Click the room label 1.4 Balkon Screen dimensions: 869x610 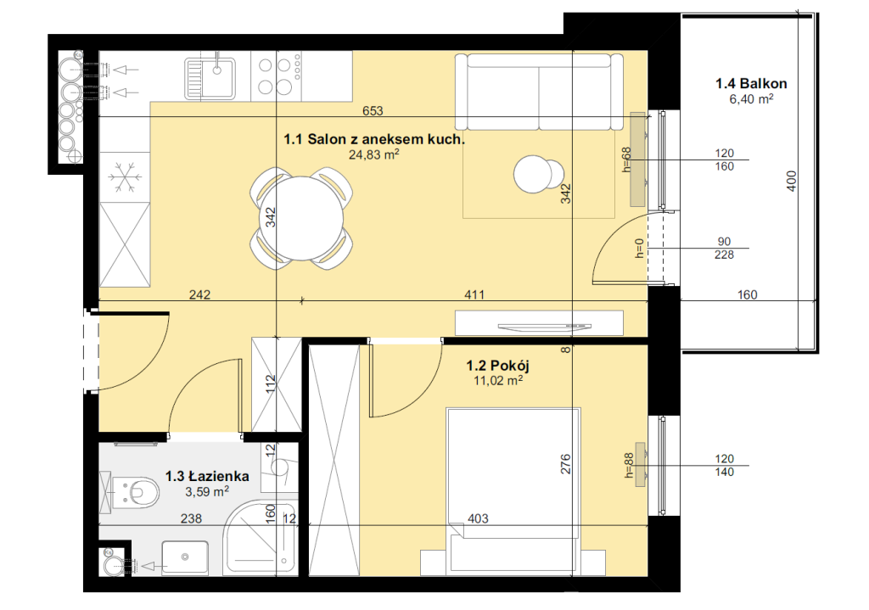click(x=751, y=84)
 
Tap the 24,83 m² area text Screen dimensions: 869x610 click(x=374, y=154)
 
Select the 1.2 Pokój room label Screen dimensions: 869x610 click(x=497, y=366)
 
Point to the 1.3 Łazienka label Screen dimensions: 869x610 click(x=207, y=476)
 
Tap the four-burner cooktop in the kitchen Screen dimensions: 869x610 click(x=277, y=76)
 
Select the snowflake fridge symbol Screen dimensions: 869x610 click(x=126, y=177)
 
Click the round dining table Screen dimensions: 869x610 click(x=301, y=218)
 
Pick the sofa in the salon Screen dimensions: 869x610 click(x=539, y=92)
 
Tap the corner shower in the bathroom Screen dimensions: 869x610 click(x=261, y=537)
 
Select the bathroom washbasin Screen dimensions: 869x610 click(x=185, y=557)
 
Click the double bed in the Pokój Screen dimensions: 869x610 click(x=513, y=491)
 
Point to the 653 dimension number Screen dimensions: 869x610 click(x=373, y=111)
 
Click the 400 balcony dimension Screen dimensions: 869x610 click(x=792, y=182)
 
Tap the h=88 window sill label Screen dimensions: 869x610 click(x=629, y=466)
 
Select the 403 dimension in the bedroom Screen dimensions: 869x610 click(x=478, y=518)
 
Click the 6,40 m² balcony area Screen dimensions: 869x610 click(x=751, y=99)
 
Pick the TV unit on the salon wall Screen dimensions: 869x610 click(x=539, y=323)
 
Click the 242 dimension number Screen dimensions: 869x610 click(x=199, y=294)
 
